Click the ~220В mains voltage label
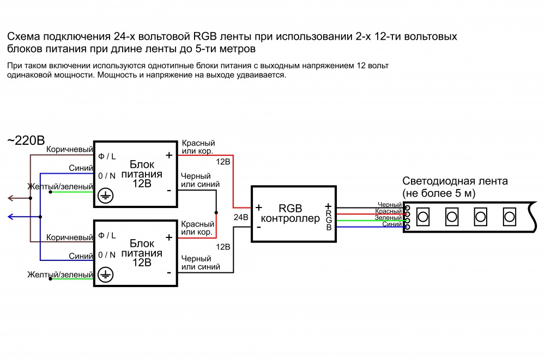pyautogui.click(x=26, y=141)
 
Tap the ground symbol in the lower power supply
pyautogui.click(x=105, y=275)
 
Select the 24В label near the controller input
pyautogui.click(x=240, y=217)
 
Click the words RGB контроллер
pyautogui.click(x=290, y=214)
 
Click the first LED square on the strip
pyautogui.click(x=422, y=217)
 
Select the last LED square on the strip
pyautogui.click(x=509, y=217)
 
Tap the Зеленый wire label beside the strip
pyautogui.click(x=389, y=217)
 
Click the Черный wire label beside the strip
pyautogui.click(x=389, y=205)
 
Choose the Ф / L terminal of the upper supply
pyautogui.click(x=107, y=157)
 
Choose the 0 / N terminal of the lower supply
pyautogui.click(x=107, y=255)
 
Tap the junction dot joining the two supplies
pyautogui.click(x=217, y=212)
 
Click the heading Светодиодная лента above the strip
pyautogui.click(x=455, y=181)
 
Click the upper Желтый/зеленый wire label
pyautogui.click(x=60, y=187)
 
